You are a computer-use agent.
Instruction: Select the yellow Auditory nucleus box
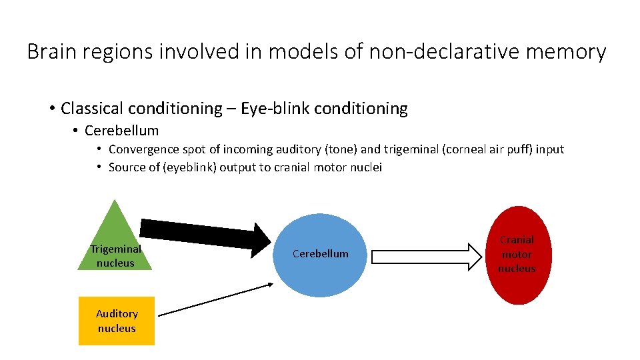[x=117, y=321]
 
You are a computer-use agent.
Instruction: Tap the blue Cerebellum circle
[x=321, y=253]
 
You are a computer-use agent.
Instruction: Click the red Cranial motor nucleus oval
[x=517, y=255]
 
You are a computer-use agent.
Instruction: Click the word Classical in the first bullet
[x=90, y=109]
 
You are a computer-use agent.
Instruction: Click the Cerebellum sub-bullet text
[x=121, y=131]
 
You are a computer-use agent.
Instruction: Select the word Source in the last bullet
[x=125, y=167]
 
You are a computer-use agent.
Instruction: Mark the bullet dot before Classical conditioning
[x=51, y=109]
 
